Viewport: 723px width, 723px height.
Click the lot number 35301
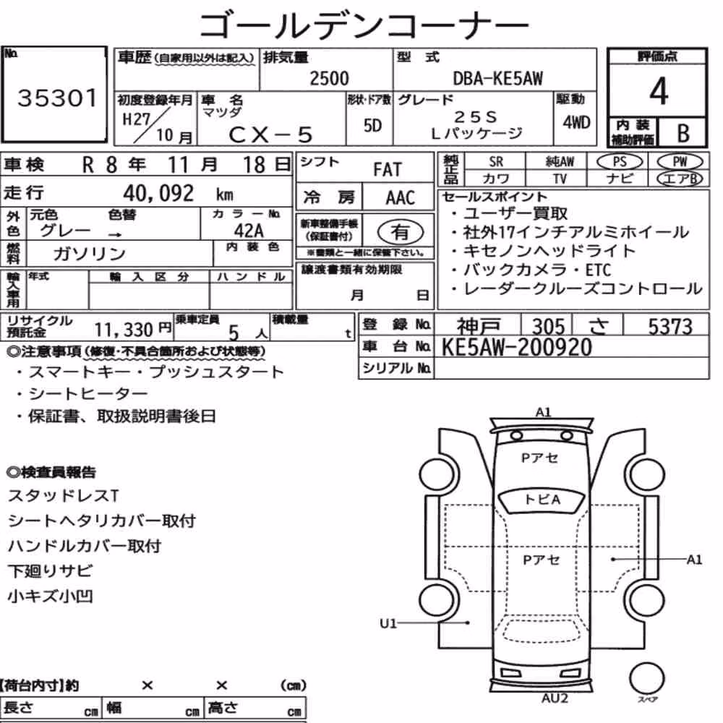coord(57,98)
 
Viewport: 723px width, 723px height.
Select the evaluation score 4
coord(659,91)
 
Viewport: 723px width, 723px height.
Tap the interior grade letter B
coord(683,133)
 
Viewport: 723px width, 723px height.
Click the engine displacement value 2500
coord(329,78)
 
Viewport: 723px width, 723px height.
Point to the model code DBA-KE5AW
coord(498,78)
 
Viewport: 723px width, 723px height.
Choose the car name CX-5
coord(270,134)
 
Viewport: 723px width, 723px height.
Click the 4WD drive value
coord(576,123)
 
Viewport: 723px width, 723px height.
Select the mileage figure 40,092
coord(158,193)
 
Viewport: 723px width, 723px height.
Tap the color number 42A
coord(249,231)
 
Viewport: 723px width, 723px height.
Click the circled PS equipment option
coord(620,162)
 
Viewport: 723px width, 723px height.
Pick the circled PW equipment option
coord(680,162)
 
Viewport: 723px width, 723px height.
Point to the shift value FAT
coord(388,170)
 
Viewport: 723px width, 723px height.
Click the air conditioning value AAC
coord(401,198)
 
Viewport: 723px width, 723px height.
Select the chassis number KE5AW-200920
coord(516,347)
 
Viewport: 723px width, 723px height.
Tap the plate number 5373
coord(670,327)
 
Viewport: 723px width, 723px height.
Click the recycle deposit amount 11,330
coord(124,330)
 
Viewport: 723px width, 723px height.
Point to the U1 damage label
coord(388,623)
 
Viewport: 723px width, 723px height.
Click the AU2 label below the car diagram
coord(555,698)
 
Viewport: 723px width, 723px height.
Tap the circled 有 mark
coord(401,231)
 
